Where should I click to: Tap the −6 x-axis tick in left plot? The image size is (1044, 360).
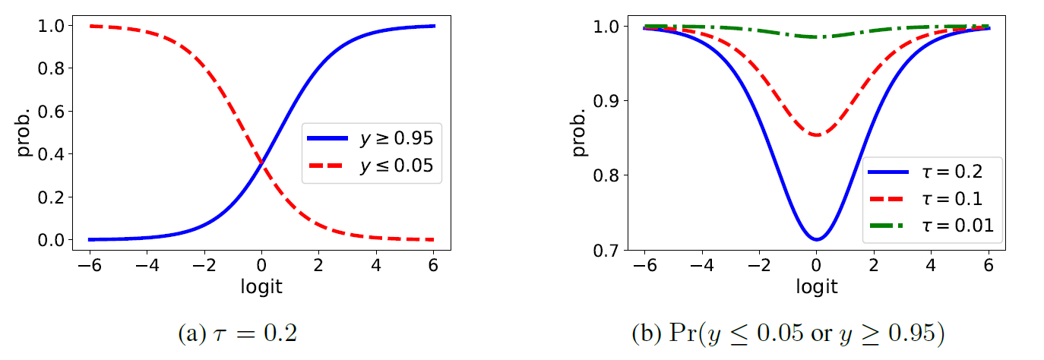(x=90, y=266)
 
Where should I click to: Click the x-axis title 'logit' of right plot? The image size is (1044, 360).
(x=817, y=286)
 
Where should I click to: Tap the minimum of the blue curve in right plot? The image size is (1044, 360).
(x=817, y=239)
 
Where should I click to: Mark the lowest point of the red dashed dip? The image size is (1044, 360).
(x=817, y=135)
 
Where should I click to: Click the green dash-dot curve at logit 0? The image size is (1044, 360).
(x=817, y=36)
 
